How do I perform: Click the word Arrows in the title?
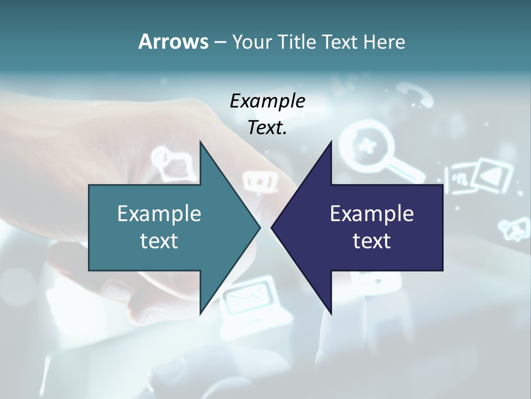[x=173, y=42]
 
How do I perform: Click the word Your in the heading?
[x=252, y=42]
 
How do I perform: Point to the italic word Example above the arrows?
[x=267, y=101]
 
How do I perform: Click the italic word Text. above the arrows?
[x=267, y=127]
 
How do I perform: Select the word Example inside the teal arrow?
[x=159, y=213]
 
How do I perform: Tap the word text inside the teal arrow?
[x=159, y=241]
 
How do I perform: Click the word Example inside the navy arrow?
[x=372, y=213]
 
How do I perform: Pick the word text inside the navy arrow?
[x=372, y=241]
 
